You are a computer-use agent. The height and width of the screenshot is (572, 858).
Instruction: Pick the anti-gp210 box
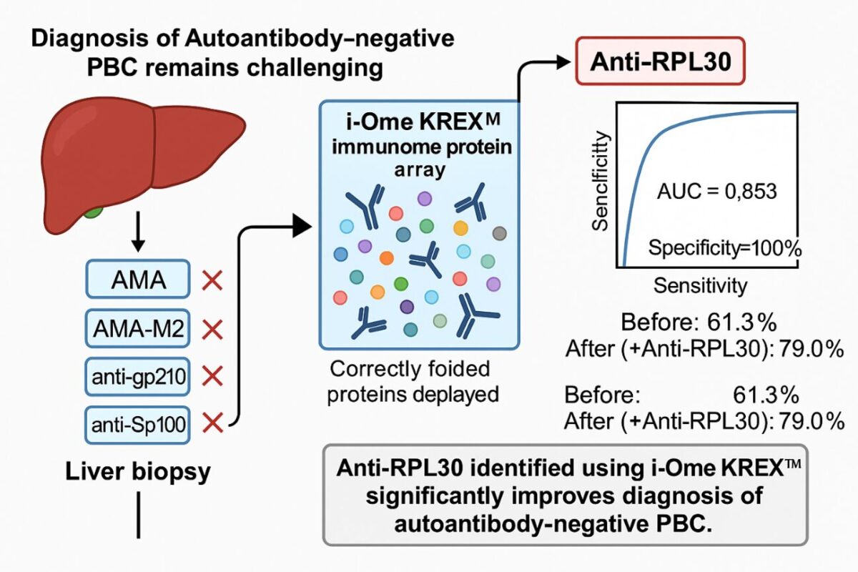coord(138,376)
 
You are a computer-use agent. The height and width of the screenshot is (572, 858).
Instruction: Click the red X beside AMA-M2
coord(212,329)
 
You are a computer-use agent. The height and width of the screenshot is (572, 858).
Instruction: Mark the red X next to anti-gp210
coord(212,377)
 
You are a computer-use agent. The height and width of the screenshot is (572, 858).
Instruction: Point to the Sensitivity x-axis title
coord(700,286)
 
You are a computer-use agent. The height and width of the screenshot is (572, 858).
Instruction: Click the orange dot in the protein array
coord(387,257)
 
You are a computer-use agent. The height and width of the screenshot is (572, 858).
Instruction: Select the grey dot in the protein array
coord(499,232)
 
